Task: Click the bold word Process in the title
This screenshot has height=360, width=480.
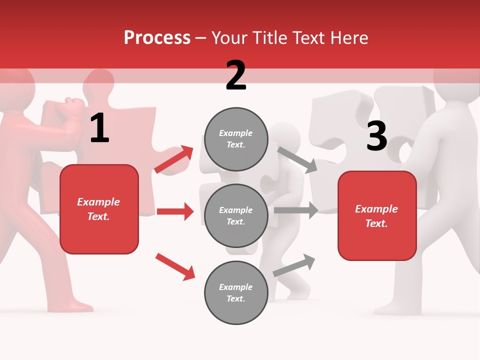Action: (157, 38)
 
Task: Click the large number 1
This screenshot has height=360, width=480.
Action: (99, 128)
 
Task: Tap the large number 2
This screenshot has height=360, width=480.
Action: (236, 75)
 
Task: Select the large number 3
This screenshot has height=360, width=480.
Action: (376, 136)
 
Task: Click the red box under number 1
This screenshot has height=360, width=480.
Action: (99, 209)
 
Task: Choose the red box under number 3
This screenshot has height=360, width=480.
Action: (377, 215)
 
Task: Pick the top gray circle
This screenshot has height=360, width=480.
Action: (236, 139)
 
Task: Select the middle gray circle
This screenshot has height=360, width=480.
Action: (236, 215)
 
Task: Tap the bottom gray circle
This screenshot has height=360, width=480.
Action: (236, 292)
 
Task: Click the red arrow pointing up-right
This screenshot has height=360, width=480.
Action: (174, 159)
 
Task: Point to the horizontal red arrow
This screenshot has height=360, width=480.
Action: (175, 211)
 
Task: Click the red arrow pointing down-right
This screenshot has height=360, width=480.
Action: (175, 266)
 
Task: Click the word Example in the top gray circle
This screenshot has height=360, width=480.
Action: (236, 133)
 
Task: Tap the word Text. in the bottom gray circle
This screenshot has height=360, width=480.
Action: (236, 298)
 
